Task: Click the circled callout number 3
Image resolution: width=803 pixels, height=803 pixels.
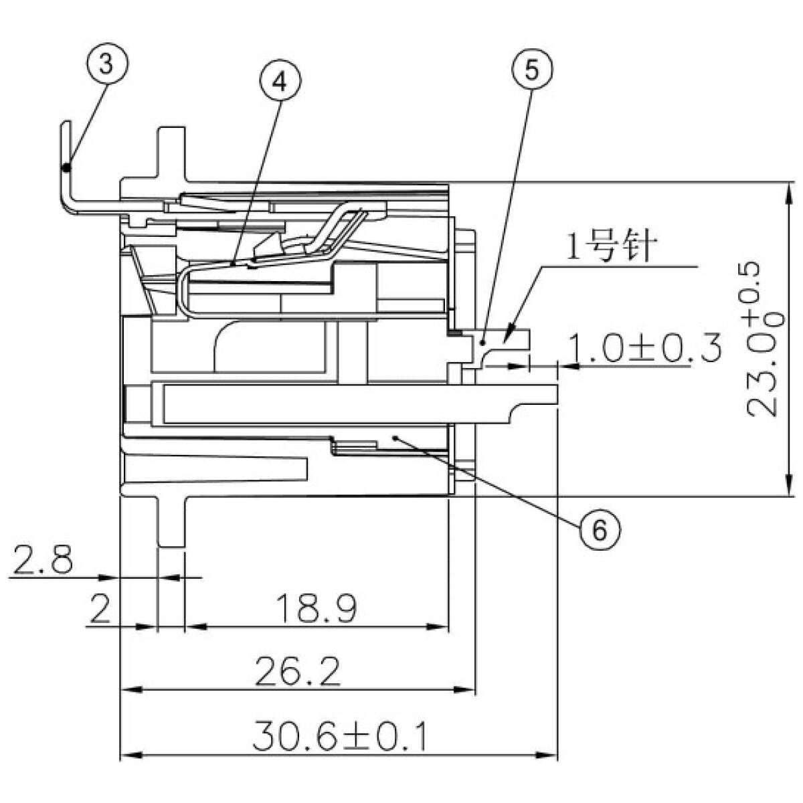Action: point(106,65)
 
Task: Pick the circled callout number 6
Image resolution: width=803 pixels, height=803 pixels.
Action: point(599,529)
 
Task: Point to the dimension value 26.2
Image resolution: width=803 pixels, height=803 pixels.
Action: point(299,672)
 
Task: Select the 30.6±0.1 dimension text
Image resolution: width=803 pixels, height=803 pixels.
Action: point(340,736)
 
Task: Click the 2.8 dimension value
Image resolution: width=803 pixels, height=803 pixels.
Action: point(43,561)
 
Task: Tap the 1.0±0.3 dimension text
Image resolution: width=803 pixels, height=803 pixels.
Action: point(644,348)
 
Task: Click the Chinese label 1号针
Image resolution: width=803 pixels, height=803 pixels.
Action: point(610,248)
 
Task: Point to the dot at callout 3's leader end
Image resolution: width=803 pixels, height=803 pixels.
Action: point(66,167)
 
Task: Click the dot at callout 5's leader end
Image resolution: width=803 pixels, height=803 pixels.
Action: point(482,342)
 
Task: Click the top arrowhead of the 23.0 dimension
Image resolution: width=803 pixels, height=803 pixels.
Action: point(790,191)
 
